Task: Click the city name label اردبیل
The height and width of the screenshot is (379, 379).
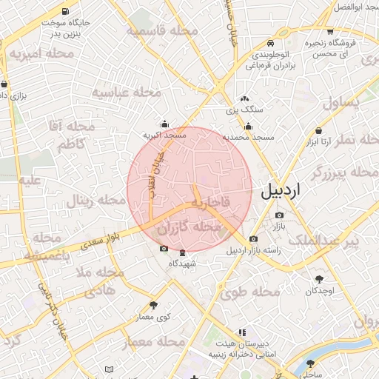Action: pos(281,191)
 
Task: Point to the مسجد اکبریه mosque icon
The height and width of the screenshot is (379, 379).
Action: pos(164,124)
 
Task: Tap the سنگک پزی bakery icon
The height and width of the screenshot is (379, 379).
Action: pos(245,98)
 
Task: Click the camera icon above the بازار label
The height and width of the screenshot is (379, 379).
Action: pos(279,215)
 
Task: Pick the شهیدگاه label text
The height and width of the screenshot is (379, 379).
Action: pos(182,264)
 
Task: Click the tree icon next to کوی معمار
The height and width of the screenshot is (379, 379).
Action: pos(153,304)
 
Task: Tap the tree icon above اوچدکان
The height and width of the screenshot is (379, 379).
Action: pos(319,279)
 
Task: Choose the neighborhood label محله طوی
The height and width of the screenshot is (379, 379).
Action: pos(249,292)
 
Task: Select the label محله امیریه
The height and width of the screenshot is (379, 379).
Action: pos(41,54)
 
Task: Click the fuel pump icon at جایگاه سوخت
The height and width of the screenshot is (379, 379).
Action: pos(67,12)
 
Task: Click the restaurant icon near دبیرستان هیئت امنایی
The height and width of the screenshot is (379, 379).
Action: pos(241,333)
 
